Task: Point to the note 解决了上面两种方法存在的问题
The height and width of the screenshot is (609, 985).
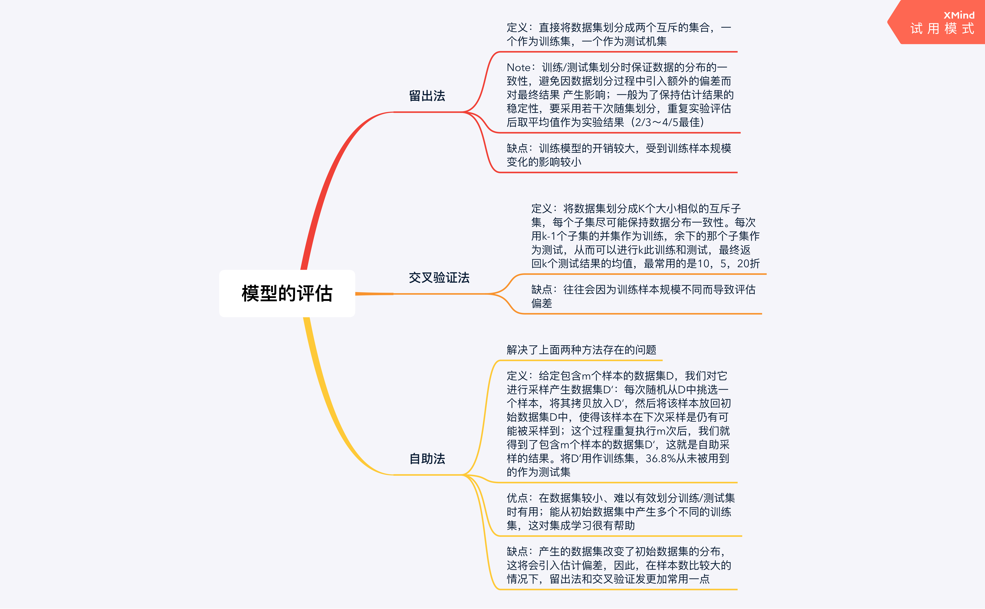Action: tap(581, 350)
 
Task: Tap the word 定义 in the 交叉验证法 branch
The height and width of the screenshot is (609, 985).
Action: tap(542, 209)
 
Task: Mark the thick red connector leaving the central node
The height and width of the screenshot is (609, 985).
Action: tap(323, 193)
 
